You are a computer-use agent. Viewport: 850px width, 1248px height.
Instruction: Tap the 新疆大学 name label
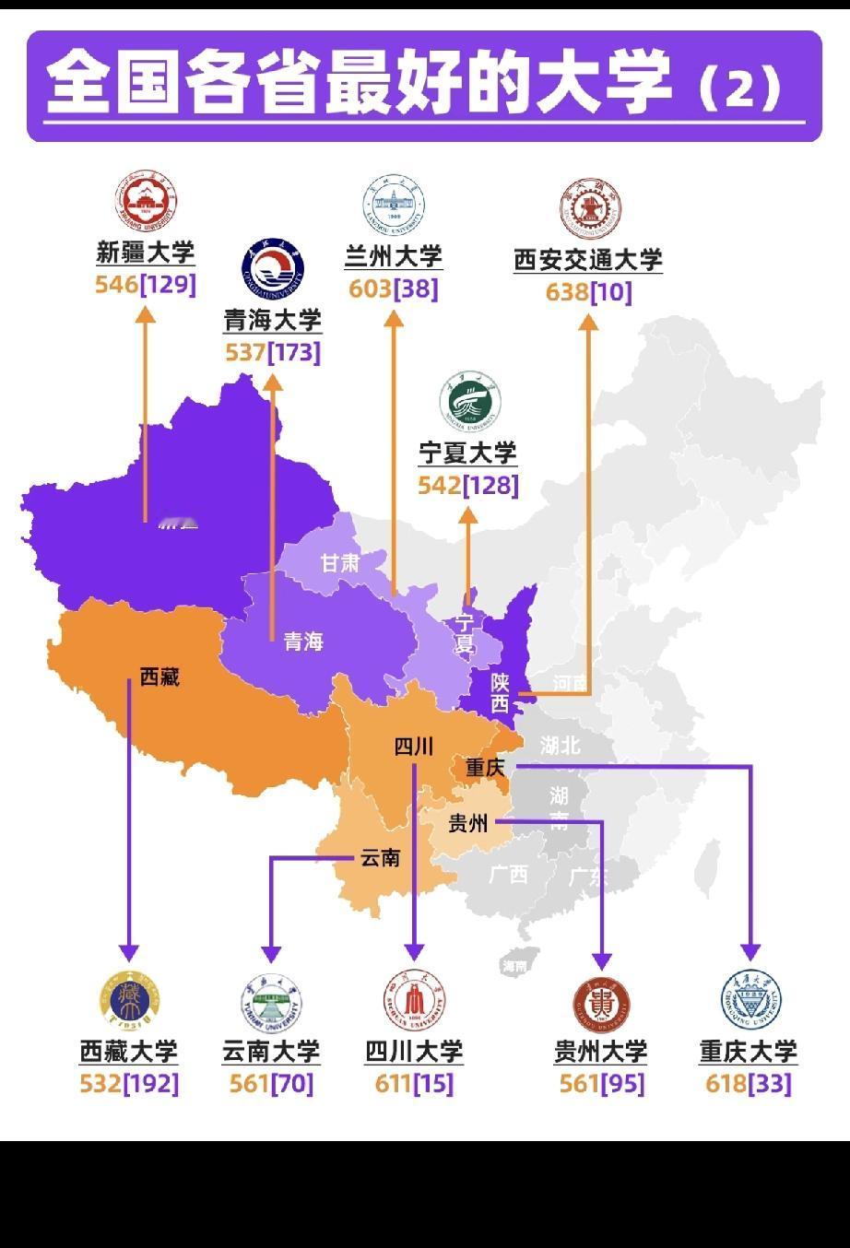coord(146,253)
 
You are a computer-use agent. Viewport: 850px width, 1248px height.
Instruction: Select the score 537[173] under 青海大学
coord(273,352)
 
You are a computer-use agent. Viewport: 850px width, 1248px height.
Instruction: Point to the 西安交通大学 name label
coord(588,260)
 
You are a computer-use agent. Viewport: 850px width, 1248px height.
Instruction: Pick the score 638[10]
coord(588,292)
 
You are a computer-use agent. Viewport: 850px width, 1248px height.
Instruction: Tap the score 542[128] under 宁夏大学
coord(468,485)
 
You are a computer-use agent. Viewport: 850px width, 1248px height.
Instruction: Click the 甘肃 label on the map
coord(340,562)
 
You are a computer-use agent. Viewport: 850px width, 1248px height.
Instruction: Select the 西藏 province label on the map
coord(159,677)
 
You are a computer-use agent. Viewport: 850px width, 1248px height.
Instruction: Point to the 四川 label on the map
coord(413,746)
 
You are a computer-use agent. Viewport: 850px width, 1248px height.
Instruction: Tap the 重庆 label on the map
coord(486,767)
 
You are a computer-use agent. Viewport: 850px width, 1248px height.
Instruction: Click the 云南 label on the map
coord(380,858)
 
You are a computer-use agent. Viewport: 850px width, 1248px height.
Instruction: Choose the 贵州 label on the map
coord(467,823)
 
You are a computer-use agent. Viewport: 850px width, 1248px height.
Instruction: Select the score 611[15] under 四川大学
coord(414,1083)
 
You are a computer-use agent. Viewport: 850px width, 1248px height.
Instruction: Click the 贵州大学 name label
coord(601,1052)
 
